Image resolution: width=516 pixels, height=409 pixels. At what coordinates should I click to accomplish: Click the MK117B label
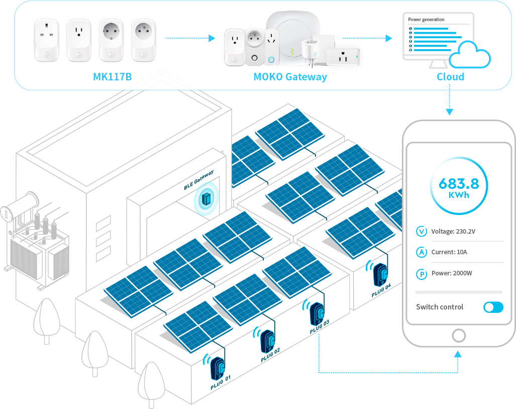112,77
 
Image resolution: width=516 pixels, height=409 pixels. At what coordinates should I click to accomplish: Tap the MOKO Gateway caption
290,77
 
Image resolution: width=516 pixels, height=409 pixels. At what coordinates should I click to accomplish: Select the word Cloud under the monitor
450,77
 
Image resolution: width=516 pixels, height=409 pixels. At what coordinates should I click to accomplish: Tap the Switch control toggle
493,308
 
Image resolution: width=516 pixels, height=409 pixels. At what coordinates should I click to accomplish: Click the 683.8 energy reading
459,183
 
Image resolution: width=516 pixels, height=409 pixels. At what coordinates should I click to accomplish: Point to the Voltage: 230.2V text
453,231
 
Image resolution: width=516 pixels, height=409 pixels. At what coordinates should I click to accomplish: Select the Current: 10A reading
449,252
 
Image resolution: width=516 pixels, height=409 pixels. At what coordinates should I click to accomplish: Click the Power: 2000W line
452,273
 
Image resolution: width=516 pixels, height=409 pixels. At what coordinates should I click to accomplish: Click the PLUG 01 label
221,382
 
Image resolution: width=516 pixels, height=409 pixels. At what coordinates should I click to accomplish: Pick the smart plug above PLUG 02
267,341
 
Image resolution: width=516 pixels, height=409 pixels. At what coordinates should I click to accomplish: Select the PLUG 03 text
319,327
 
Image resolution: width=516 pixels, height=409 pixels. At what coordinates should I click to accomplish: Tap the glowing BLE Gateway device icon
206,199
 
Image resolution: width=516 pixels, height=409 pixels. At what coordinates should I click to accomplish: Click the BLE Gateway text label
199,180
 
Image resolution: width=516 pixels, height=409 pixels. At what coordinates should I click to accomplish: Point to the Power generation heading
426,20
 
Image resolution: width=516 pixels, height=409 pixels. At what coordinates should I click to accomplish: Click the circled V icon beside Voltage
422,231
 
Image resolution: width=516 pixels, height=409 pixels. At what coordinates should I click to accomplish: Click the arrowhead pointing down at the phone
450,112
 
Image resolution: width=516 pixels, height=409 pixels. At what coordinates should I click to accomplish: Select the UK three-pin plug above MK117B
47,40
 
